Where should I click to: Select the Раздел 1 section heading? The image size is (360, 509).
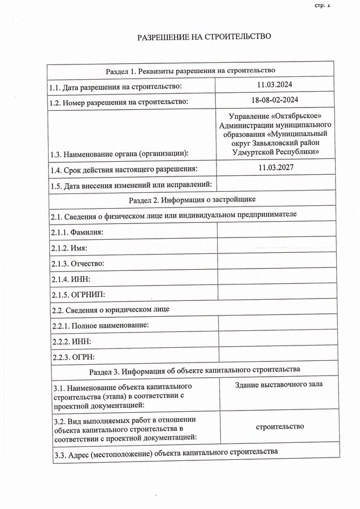point(190,71)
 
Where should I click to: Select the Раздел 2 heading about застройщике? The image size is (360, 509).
point(192,200)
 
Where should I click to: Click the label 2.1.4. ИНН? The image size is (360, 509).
point(71,279)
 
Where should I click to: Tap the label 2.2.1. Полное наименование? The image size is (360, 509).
point(101,326)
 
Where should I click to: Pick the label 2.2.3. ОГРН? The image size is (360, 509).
point(73,357)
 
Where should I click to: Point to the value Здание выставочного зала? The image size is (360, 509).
point(279,385)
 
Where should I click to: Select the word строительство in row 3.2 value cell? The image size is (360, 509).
point(280,426)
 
